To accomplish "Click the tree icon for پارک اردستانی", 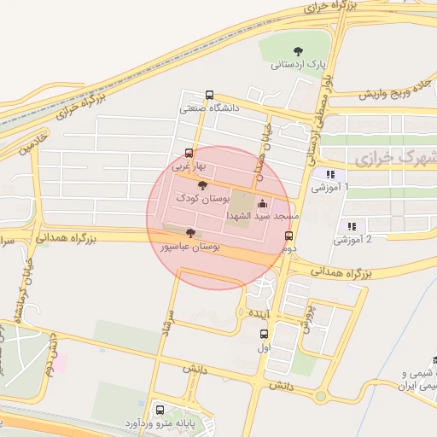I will (297, 50).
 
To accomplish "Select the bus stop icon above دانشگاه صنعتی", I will (210, 95).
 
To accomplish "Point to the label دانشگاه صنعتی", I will (209, 108).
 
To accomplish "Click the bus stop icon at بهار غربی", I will (189, 154).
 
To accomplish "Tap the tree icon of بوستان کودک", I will (201, 184).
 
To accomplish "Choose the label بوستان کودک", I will (200, 198).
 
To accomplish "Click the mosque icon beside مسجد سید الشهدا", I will (262, 203).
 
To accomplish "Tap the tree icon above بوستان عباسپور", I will (189, 232).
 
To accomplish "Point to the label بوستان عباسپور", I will (190, 246).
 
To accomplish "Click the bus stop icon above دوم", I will (289, 235).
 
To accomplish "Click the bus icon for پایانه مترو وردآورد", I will (160, 410).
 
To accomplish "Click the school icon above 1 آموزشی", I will (329, 174).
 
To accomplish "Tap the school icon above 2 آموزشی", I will (352, 226).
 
